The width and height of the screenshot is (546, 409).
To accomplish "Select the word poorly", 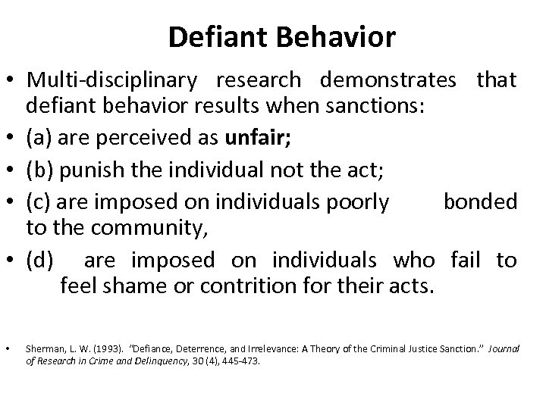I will tap(356, 202).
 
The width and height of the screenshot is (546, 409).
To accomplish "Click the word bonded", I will tap(480, 202).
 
